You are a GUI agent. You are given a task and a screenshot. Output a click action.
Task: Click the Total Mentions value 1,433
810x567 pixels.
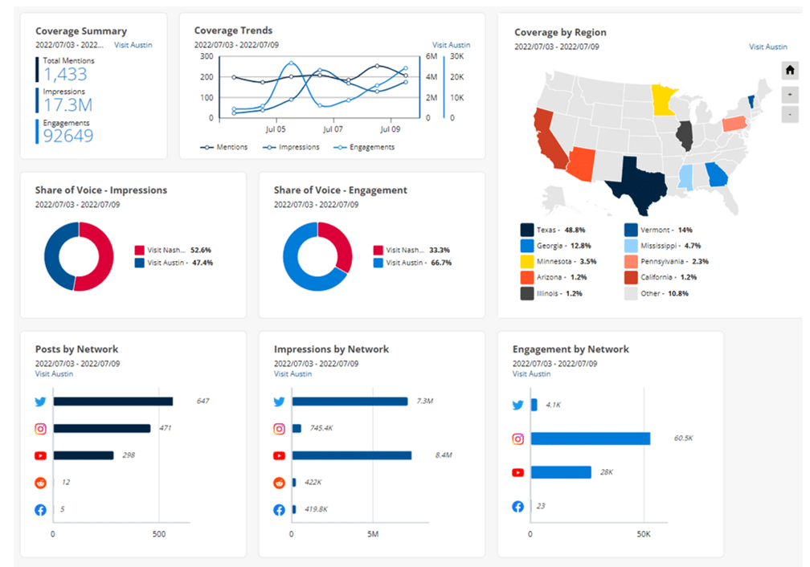coord(65,75)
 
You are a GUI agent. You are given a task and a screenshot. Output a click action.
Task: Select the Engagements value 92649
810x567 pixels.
coord(68,136)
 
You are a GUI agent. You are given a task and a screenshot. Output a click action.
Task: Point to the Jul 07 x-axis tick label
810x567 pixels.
coord(333,128)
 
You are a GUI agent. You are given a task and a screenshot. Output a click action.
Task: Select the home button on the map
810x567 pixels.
coord(789,71)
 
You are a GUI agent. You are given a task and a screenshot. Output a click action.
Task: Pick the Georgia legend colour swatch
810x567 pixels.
coord(527,245)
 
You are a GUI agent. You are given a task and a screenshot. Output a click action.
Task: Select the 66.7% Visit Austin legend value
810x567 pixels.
coord(440,263)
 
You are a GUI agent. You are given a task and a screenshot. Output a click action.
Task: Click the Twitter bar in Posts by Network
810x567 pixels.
coord(112,402)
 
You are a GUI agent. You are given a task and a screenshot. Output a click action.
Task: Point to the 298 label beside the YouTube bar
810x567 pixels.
coord(129,455)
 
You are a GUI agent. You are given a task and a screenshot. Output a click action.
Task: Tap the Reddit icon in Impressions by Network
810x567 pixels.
coord(280,483)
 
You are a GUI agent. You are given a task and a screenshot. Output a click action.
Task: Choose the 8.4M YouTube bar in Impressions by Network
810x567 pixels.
coord(352,455)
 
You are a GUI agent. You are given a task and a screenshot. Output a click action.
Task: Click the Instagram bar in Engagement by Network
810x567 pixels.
coord(590,439)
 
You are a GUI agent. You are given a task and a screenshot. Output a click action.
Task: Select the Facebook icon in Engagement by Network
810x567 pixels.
coord(518,507)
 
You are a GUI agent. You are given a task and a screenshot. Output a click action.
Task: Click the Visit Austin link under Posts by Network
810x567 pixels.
coord(54,373)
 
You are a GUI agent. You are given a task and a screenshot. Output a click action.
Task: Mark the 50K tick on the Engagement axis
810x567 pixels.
coord(643,534)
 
